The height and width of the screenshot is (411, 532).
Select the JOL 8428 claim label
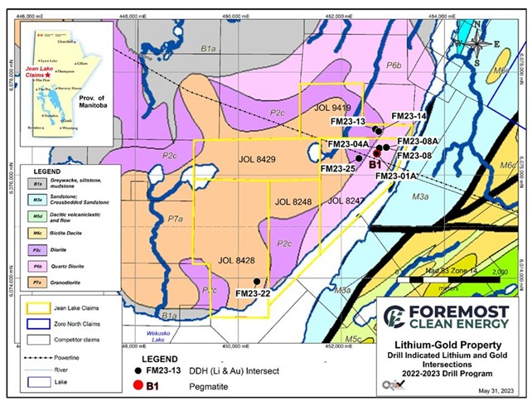point(237,261)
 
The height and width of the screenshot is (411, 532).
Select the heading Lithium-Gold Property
point(446,344)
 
